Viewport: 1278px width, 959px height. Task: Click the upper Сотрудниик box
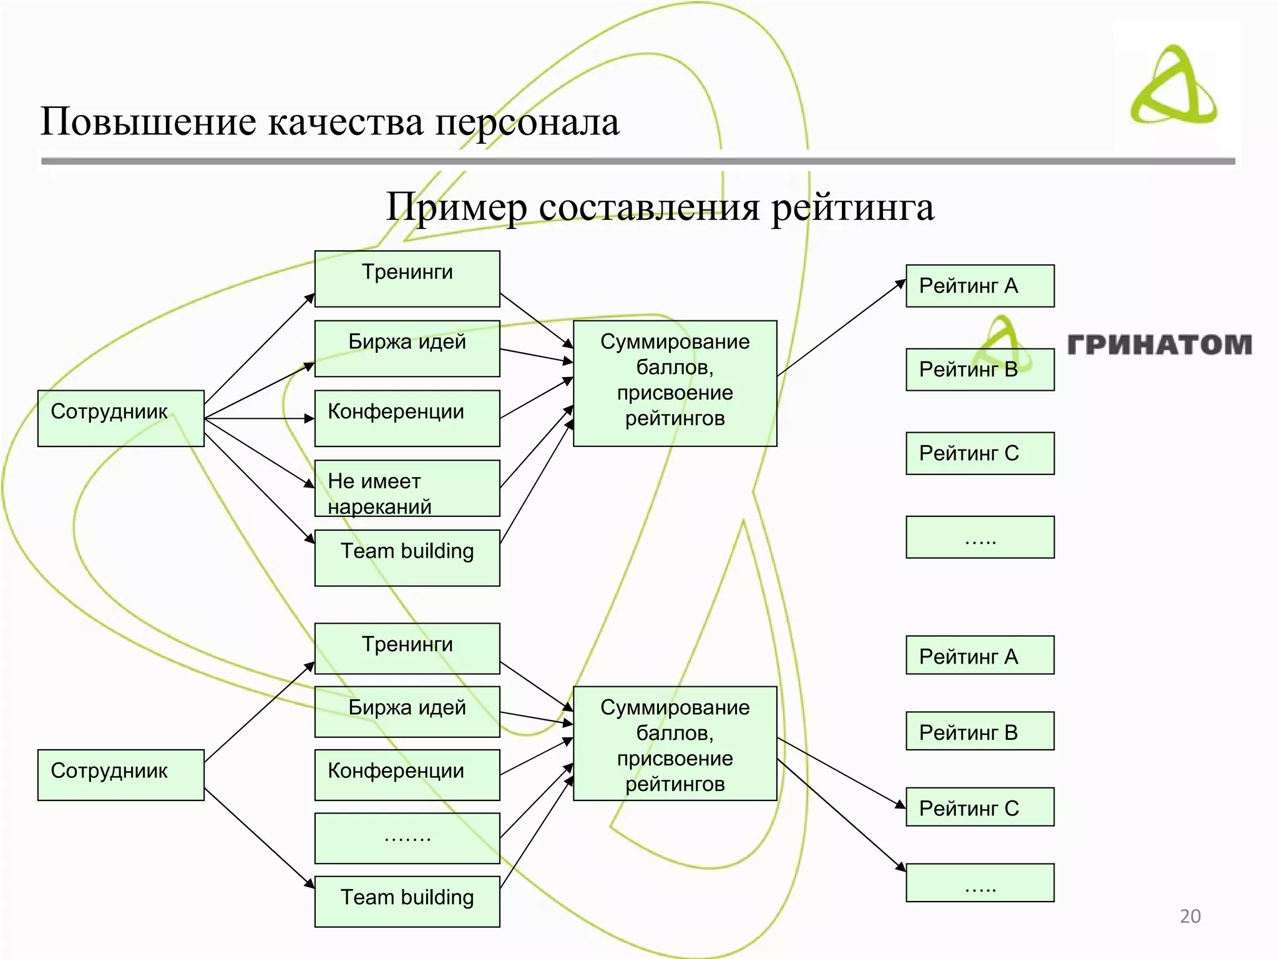click(120, 418)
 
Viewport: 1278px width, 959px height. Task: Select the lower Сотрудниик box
click(120, 774)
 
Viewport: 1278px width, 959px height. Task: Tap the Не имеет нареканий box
click(407, 488)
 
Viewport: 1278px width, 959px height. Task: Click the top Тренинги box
click(407, 278)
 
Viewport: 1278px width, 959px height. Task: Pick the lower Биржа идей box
click(407, 711)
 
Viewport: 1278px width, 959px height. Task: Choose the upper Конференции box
click(407, 418)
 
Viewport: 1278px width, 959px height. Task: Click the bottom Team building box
click(407, 901)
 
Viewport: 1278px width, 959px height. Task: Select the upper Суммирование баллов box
click(675, 383)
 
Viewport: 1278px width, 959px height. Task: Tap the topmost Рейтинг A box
click(980, 286)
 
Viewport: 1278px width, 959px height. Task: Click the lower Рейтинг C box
click(980, 807)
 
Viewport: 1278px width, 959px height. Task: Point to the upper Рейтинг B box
click(980, 370)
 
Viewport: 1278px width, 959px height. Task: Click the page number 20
click(1190, 916)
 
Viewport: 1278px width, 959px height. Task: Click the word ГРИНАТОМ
click(1159, 345)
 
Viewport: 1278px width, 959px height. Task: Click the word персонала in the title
click(527, 122)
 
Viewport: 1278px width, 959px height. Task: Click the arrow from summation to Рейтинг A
click(841, 327)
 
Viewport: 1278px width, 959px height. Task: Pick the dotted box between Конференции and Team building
click(407, 838)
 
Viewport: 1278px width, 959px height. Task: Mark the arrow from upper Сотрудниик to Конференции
click(259, 418)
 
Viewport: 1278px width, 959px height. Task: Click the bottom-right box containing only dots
click(980, 882)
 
